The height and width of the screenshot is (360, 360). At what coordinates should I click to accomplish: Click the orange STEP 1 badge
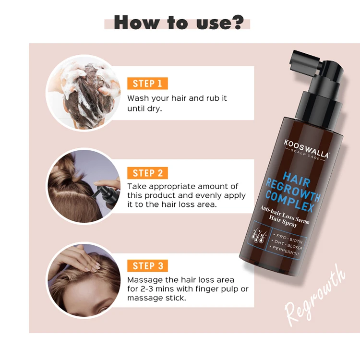click(x=147, y=84)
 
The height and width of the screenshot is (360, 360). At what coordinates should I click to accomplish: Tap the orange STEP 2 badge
click(x=147, y=173)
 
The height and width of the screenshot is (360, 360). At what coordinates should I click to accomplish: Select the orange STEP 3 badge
click(x=147, y=265)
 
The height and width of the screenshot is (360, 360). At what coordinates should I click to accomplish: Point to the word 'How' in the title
click(x=136, y=22)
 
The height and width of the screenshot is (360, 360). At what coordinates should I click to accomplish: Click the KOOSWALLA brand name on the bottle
click(x=306, y=148)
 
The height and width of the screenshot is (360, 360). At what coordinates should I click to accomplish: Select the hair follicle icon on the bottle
click(x=259, y=236)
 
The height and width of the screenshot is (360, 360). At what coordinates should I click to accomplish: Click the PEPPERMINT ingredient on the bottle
click(x=286, y=251)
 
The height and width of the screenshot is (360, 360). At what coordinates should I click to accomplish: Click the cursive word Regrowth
click(x=315, y=296)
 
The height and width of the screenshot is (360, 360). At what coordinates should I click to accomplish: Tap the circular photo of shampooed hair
click(x=83, y=93)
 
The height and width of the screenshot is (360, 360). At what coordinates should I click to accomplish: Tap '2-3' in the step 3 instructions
click(x=147, y=289)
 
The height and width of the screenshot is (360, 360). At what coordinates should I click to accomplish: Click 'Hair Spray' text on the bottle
click(x=283, y=221)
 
